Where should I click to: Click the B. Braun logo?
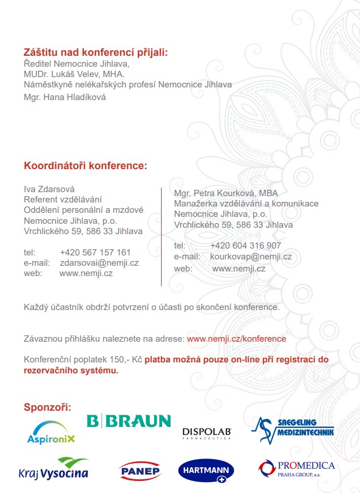click(x=129, y=421)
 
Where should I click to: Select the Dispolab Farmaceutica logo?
click(x=206, y=433)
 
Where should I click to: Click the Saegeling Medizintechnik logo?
click(x=292, y=430)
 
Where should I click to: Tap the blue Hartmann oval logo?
click(x=205, y=471)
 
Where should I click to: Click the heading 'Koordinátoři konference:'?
click(x=85, y=166)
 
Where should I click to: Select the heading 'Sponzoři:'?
click(x=47, y=407)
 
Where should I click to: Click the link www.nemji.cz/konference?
click(x=236, y=339)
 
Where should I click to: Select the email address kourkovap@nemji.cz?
click(x=251, y=257)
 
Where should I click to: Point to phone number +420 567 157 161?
click(x=95, y=252)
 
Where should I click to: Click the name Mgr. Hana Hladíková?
click(x=64, y=97)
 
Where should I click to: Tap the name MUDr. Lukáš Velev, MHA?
click(x=74, y=74)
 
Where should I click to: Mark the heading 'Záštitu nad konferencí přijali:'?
click(x=95, y=52)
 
